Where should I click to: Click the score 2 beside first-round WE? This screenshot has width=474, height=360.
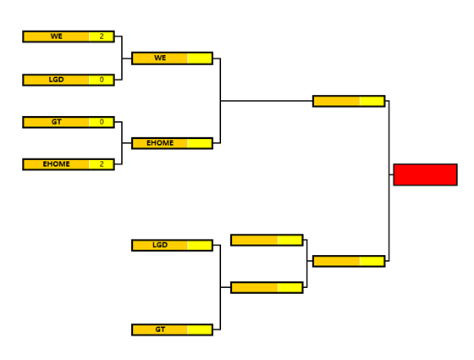[x=102, y=36]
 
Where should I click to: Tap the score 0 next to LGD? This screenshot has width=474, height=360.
[x=102, y=80]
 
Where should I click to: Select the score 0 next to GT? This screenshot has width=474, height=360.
[x=102, y=122]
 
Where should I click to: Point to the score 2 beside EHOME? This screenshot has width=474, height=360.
[x=102, y=164]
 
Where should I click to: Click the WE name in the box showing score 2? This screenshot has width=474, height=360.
[x=57, y=36]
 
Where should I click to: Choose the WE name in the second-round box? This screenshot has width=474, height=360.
[x=160, y=58]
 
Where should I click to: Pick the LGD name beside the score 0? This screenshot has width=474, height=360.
[x=57, y=80]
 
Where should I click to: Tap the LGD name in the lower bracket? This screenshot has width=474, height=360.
[x=160, y=245]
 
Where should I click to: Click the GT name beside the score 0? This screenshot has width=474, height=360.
[x=57, y=122]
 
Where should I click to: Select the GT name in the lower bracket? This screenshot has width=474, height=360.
[x=160, y=330]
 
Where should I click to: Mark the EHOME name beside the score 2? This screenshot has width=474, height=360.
[x=57, y=164]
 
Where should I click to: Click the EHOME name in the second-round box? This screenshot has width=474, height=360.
[x=160, y=143]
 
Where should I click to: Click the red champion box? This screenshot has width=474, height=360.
[x=425, y=174]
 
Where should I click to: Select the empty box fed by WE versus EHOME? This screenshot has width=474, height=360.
[x=349, y=101]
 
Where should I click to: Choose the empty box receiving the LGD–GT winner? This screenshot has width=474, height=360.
[x=267, y=287]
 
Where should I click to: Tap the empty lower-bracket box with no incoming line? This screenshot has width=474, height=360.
[x=267, y=240]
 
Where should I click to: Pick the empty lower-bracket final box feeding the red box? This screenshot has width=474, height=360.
[x=349, y=261]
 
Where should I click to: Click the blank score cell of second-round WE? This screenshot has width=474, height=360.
[x=200, y=58]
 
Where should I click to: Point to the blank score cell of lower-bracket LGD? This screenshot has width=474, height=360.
[x=200, y=246]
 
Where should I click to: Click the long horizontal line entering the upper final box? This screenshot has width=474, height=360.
[x=267, y=101]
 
